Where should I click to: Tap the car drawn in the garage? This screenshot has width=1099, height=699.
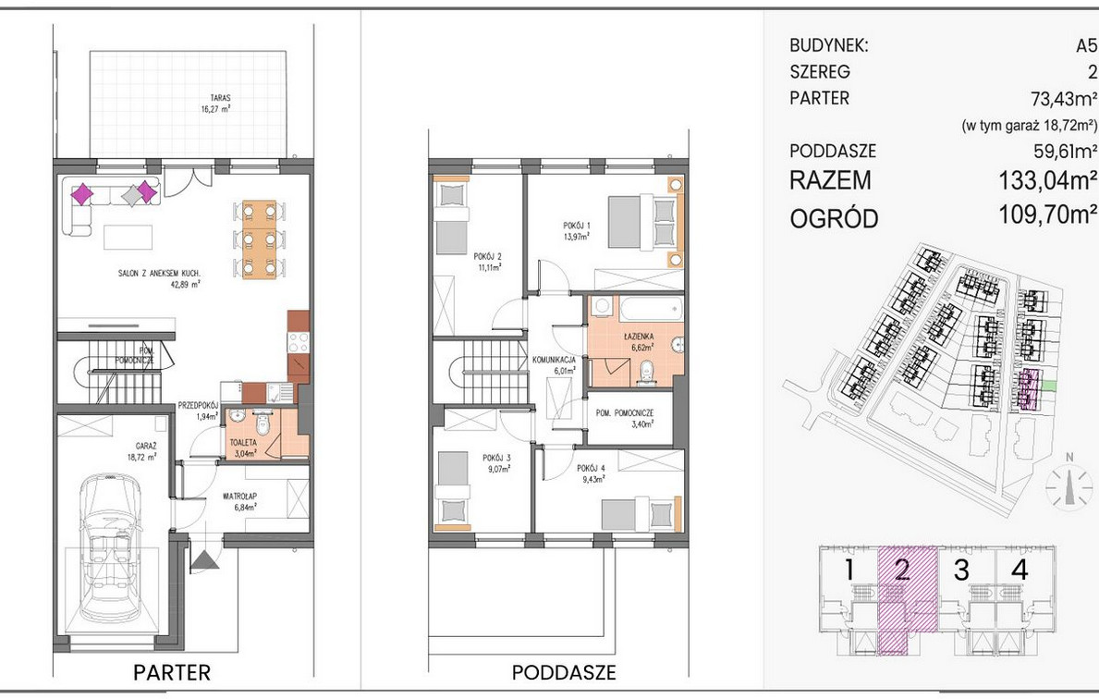110,549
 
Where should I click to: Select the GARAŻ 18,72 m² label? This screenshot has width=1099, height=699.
141,451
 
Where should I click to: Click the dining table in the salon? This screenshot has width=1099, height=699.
260,239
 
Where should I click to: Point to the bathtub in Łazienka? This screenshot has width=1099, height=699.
650,308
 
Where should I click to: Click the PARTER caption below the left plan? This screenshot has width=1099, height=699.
172,673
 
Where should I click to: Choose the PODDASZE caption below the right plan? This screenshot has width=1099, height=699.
564,673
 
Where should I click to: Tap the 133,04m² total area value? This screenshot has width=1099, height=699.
1047,181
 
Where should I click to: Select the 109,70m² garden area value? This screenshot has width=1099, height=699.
1047,215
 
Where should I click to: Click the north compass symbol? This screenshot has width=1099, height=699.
1068,484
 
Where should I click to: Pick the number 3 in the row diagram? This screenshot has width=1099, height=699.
961,570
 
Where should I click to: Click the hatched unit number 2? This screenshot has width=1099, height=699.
902,570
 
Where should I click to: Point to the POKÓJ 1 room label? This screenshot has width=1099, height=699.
577,230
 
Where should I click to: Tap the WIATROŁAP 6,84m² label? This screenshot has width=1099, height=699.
239,501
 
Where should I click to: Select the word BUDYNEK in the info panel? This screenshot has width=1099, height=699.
829,46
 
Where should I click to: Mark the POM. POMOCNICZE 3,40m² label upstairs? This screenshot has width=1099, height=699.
625,419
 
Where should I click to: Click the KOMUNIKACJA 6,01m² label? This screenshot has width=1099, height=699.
554,365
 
